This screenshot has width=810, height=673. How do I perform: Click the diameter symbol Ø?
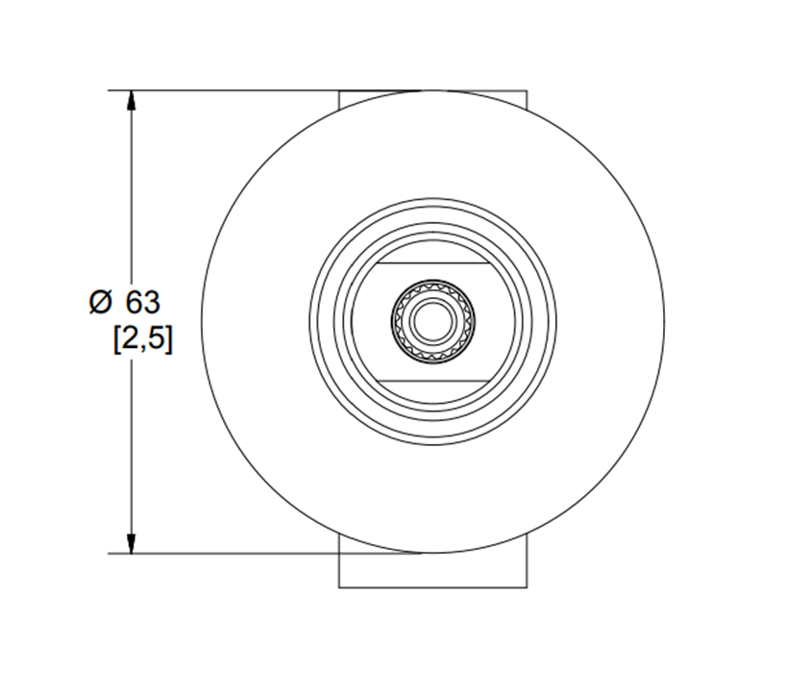(100, 302)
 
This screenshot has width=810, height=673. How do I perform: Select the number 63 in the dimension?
(143, 302)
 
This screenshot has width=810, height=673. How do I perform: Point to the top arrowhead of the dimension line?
(132, 100)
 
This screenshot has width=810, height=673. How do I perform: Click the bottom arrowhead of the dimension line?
(132, 544)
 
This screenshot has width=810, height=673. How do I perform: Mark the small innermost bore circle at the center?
(433, 321)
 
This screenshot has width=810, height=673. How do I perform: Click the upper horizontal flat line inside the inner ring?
(433, 262)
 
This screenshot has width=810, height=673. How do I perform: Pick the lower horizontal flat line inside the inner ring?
(433, 381)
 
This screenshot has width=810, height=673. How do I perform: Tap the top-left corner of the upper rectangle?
(339, 91)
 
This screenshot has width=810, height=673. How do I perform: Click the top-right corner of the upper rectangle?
(528, 91)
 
